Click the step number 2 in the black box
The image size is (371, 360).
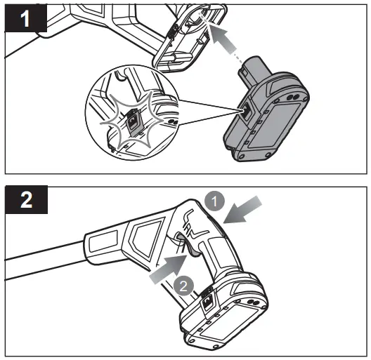(25, 200)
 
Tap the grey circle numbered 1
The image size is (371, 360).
(216, 201)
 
